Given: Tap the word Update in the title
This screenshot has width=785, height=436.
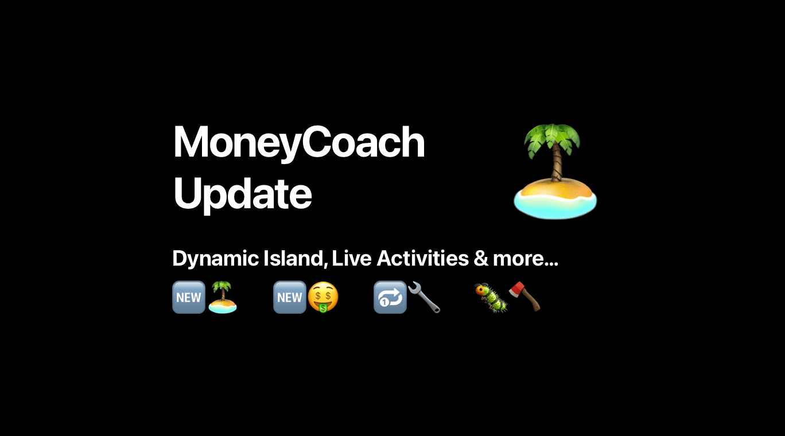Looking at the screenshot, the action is pos(243,194).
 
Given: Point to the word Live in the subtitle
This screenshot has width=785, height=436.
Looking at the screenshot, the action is pos(352,258).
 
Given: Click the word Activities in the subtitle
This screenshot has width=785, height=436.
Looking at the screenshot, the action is pos(423,258).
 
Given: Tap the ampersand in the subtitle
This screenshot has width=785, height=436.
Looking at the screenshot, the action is pos(481,259).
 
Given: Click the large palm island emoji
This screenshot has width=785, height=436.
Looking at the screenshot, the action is pos(555,172).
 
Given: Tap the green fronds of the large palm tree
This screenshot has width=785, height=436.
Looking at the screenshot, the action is pos(552,139).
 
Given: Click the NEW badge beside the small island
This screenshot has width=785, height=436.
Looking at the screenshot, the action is pos(189,297).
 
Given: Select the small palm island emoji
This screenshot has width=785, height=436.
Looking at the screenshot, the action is pos(223,297).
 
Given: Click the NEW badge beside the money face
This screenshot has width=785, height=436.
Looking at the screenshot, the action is pos(289,297).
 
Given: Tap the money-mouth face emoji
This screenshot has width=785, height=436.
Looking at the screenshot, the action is pos(322,297).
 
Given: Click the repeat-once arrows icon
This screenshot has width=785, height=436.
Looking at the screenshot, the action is pos(390,297).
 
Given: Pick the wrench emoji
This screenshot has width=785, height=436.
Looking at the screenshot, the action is pos(424,297).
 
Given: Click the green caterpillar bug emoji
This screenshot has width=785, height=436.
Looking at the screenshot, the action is pos(491,298).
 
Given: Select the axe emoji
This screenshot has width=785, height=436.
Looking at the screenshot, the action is pos(524,297).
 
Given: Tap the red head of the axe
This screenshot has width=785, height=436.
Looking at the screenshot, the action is pos(517,290).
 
